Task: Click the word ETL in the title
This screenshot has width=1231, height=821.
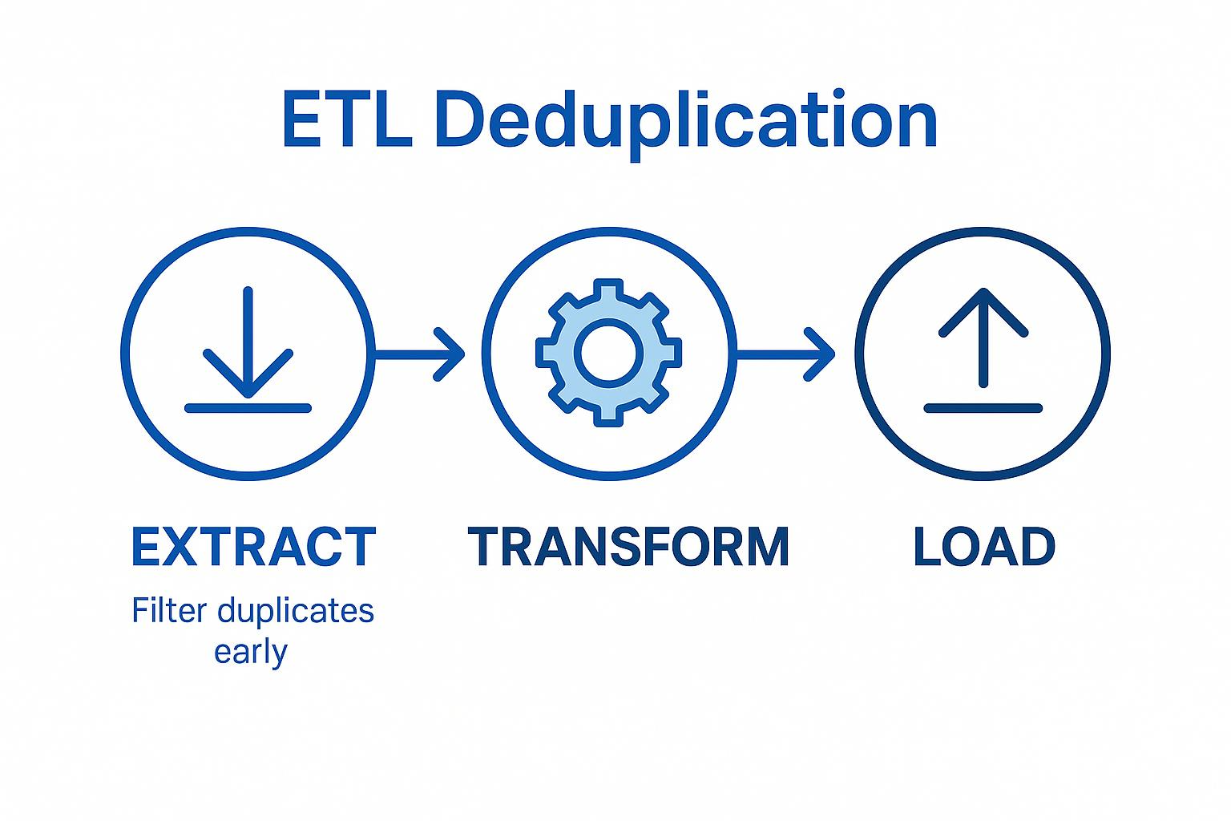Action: pyautogui.click(x=346, y=121)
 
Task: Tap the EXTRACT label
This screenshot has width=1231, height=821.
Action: pyautogui.click(x=253, y=547)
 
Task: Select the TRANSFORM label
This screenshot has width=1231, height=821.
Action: pyautogui.click(x=628, y=547)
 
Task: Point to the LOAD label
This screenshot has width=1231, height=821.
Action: pyautogui.click(x=983, y=547)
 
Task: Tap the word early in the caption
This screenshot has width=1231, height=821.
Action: pyautogui.click(x=250, y=651)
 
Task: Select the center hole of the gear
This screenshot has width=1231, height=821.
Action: pyautogui.click(x=609, y=353)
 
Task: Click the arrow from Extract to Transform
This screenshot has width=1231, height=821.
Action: pyautogui.click(x=420, y=353)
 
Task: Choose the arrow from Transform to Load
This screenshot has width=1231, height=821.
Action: pyautogui.click(x=785, y=353)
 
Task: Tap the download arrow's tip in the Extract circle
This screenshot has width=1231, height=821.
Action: pyautogui.click(x=248, y=394)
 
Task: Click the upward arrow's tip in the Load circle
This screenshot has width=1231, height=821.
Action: pyautogui.click(x=983, y=292)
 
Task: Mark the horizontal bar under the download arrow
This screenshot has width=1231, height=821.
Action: pyautogui.click(x=248, y=408)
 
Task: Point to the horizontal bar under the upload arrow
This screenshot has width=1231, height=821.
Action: pyautogui.click(x=983, y=408)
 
